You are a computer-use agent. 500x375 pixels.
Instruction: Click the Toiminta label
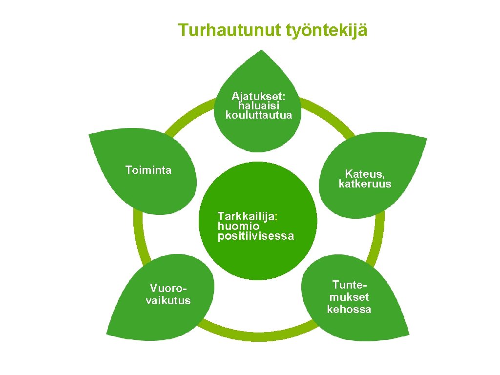click(148, 170)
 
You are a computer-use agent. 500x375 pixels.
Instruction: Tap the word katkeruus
click(365, 184)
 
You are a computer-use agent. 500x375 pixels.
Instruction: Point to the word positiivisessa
click(256, 236)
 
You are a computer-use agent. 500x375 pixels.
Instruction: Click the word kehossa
click(349, 309)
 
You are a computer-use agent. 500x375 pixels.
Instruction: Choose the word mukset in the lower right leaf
click(349, 297)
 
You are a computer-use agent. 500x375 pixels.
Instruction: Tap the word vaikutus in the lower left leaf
click(168, 300)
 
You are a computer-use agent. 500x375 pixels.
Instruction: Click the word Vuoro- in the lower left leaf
click(168, 288)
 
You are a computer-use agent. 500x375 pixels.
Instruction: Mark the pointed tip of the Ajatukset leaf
click(263, 51)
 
